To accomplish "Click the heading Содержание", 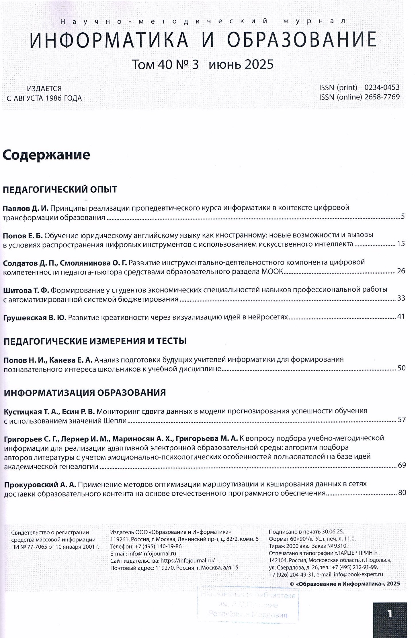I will pyautogui.click(x=46, y=155).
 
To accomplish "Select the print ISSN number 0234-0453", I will pyautogui.click(x=382, y=87).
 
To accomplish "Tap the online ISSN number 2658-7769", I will pyautogui.click(x=382, y=97).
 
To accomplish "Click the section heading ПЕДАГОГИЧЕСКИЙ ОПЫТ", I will pyautogui.click(x=60, y=190).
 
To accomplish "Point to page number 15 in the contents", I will pyautogui.click(x=401, y=244).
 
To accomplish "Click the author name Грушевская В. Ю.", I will pyautogui.click(x=35, y=317).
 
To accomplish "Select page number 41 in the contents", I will pyautogui.click(x=401, y=317).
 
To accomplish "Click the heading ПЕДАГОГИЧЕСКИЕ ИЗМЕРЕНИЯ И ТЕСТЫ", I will pyautogui.click(x=95, y=341).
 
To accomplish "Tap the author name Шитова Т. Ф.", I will pyautogui.click(x=26, y=290).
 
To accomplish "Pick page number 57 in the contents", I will pyautogui.click(x=402, y=420).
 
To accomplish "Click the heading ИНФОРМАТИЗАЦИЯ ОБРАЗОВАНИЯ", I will pyautogui.click(x=85, y=393).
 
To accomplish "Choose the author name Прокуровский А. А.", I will pyautogui.click(x=40, y=484).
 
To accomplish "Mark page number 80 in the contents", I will pyautogui.click(x=402, y=493).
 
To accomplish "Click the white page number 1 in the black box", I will pyautogui.click(x=390, y=614).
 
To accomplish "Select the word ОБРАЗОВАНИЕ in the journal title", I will pyautogui.click(x=302, y=40).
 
